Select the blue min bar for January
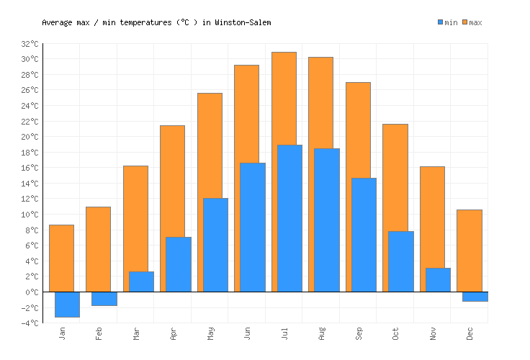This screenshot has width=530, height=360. [x=67, y=304]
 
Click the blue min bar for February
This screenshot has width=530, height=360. [x=104, y=298]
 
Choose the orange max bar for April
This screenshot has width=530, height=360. [x=172, y=180]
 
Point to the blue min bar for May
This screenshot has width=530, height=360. [x=215, y=245]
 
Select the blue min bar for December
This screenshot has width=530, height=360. [x=475, y=296]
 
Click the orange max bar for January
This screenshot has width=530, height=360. [x=61, y=258]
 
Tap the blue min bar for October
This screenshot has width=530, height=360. [x=400, y=261]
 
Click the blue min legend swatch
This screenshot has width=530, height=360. [x=441, y=22]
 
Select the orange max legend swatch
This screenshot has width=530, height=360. [x=465, y=22]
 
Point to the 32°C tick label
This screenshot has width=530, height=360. [x=30, y=44]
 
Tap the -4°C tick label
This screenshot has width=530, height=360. [x=30, y=323]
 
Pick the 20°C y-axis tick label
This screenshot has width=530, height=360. [x=30, y=137]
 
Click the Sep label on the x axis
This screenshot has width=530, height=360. [x=358, y=333]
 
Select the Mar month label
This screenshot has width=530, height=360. [x=136, y=333]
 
